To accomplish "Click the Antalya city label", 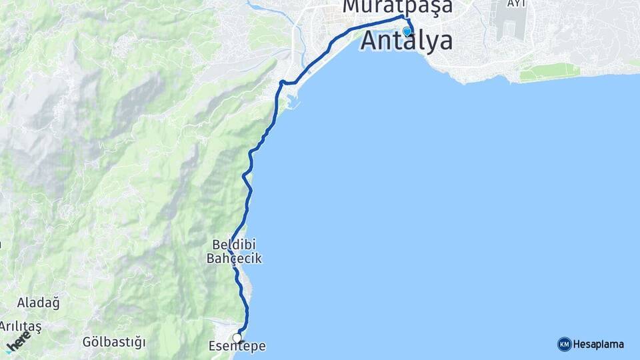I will coord(407,41).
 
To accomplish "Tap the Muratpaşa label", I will coord(397,7).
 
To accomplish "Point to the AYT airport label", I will coord(516,3).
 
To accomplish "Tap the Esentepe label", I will coord(237,347).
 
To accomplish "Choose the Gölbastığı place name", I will coord(114,342).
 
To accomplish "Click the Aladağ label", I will coord(39,303).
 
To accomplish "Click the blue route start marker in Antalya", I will coord(407,31).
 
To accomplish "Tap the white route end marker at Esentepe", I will coord(237,338).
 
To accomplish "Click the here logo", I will coord(18,341).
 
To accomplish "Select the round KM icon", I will coord(564,344).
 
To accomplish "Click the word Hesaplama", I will coord(599,344).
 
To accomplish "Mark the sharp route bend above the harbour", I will coord(282,82).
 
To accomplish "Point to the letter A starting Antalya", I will coord(371,41).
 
